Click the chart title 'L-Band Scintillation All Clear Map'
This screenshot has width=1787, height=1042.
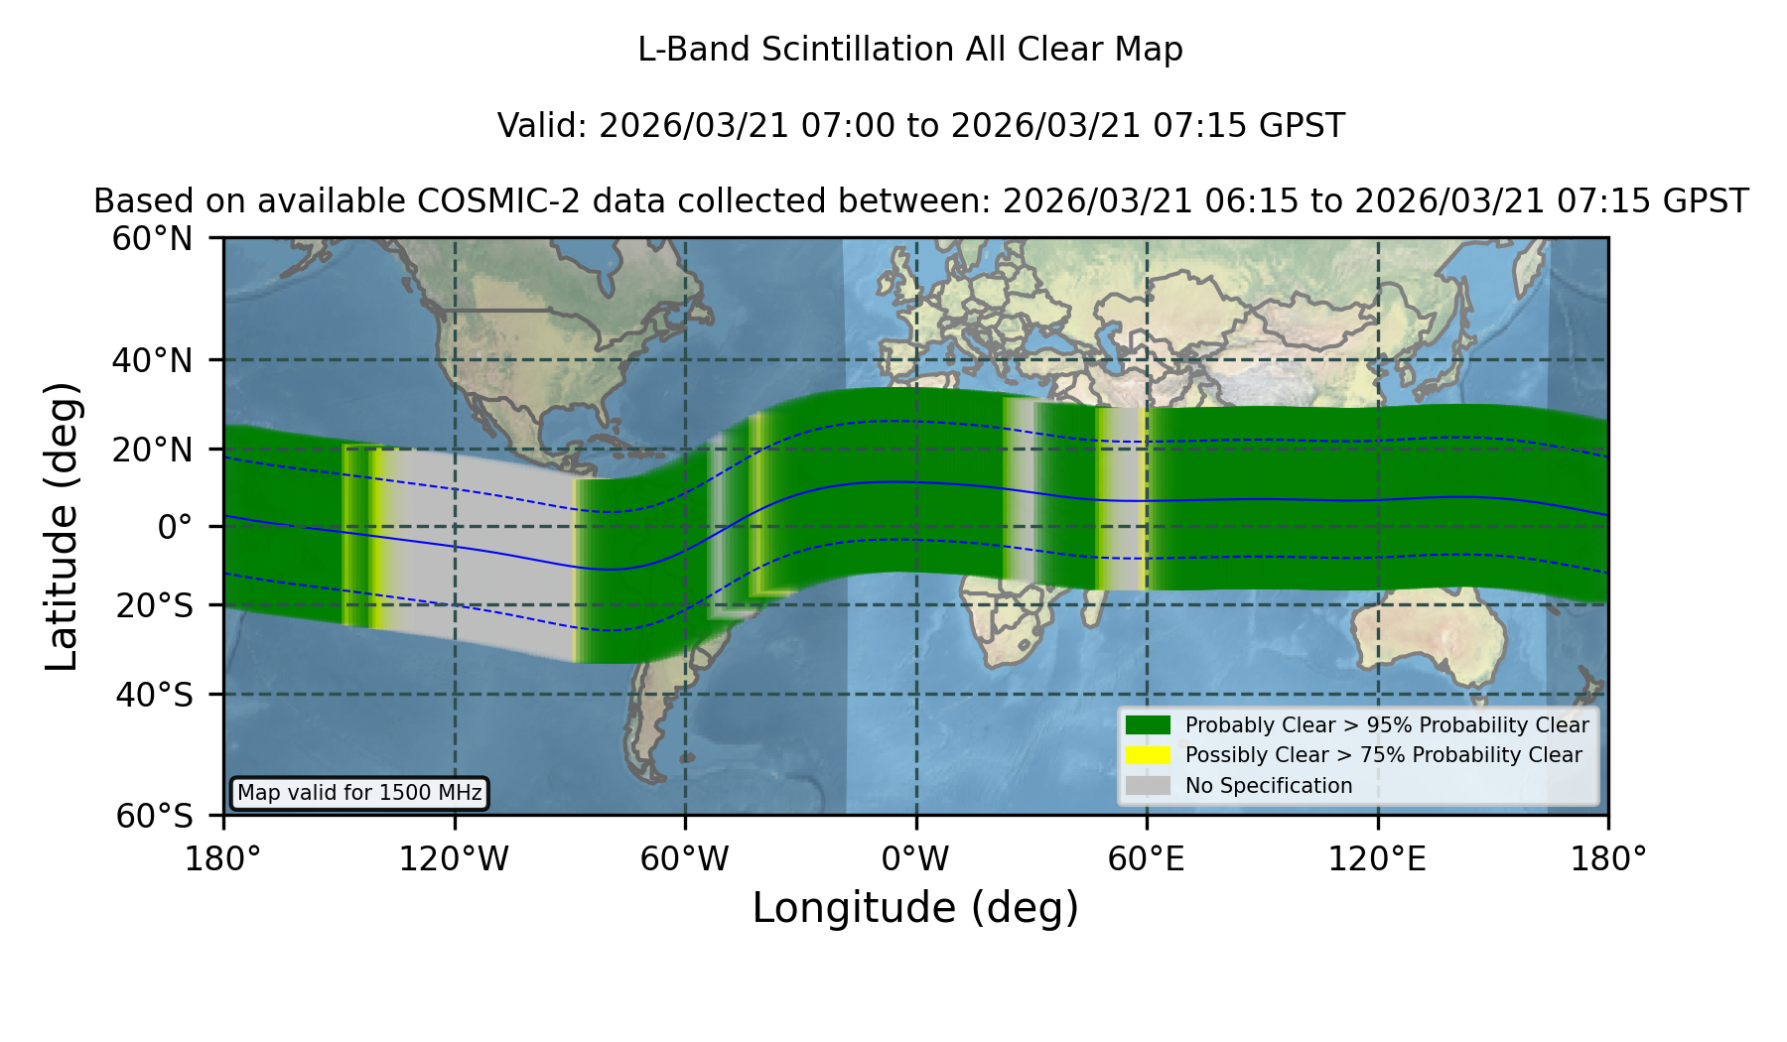[909, 50]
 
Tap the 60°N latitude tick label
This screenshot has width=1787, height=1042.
[152, 239]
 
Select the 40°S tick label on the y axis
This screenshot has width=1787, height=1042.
[154, 695]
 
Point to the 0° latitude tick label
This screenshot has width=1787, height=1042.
[175, 527]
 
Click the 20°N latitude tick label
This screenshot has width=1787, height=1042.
[152, 450]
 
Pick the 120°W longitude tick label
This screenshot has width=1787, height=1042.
[454, 859]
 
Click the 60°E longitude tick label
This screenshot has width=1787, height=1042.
[1147, 859]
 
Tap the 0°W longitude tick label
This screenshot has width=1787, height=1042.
[915, 859]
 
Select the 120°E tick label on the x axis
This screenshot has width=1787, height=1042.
[1377, 859]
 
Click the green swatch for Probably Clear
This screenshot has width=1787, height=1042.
[1149, 724]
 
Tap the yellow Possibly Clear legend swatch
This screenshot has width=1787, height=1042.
[1149, 755]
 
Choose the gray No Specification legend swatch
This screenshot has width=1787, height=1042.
[1149, 786]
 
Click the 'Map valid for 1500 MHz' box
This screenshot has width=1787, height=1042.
[359, 793]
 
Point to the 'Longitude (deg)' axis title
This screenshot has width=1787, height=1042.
[915, 909]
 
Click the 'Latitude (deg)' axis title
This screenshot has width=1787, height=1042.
[62, 527]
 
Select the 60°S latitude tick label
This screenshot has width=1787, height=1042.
[154, 816]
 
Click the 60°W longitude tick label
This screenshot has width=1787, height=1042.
[685, 859]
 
